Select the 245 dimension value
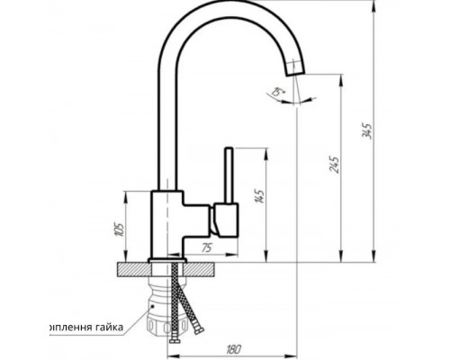click(335, 164)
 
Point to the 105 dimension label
click(119, 228)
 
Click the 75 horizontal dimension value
click(206, 247)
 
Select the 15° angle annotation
click(274, 91)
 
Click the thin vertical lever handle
click(229, 176)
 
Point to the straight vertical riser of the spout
click(164, 117)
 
